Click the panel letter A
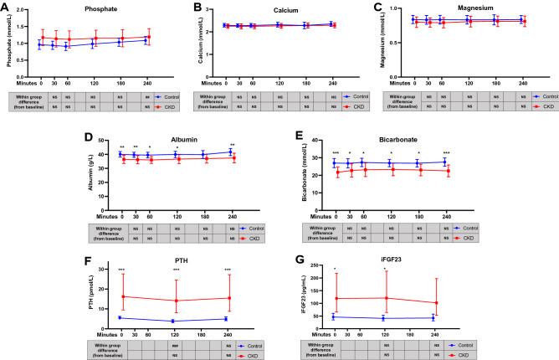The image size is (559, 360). [7, 8]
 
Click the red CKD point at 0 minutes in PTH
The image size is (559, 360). [122, 296]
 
